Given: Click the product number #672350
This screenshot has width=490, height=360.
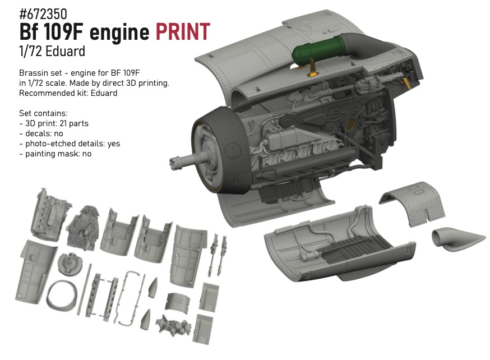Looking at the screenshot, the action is pyautogui.click(x=43, y=15).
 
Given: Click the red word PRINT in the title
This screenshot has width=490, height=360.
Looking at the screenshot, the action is pyautogui.click(x=183, y=32).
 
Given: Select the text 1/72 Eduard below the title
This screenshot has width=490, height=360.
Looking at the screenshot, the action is pyautogui.click(x=52, y=51).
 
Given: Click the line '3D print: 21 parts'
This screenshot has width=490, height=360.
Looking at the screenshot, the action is pyautogui.click(x=57, y=123).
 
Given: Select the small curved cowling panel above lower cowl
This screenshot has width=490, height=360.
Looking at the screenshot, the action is pyautogui.click(x=412, y=202).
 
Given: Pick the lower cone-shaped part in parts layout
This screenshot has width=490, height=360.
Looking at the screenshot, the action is pyautogui.click(x=145, y=320).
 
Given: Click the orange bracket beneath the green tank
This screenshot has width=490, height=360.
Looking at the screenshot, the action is pyautogui.click(x=312, y=69).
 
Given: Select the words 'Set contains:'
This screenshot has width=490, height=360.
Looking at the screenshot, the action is pyautogui.click(x=43, y=113).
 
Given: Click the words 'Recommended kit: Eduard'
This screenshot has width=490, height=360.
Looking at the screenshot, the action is pyautogui.click(x=68, y=93).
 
